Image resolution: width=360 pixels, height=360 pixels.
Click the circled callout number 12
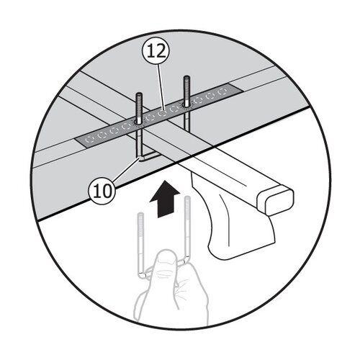click(156, 53)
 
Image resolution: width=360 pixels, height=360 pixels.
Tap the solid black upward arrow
click(164, 199)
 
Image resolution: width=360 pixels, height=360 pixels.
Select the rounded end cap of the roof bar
click(276, 199)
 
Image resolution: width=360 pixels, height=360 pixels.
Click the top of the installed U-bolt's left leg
click(140, 94)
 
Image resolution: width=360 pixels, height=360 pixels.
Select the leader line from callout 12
click(161, 87)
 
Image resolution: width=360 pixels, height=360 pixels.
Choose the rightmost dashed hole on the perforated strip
click(222, 91)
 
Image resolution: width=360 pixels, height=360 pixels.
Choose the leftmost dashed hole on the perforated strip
click(90, 140)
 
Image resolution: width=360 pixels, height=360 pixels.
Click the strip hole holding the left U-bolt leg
click(139, 122)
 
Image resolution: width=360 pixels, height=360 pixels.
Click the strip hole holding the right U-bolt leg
click(186, 105)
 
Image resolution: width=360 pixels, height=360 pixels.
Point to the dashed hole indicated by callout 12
click(162, 113)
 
